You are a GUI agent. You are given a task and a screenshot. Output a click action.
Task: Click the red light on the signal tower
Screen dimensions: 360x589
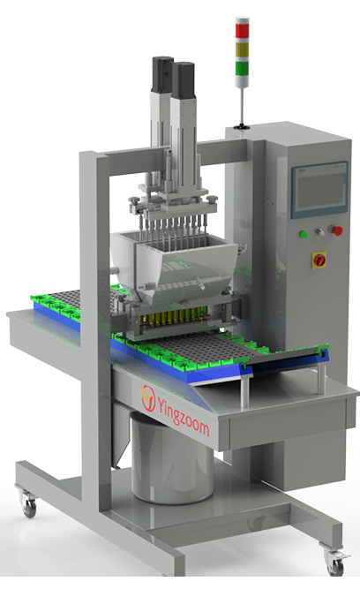click(242, 31)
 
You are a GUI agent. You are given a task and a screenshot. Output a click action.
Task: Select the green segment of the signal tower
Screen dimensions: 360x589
click(242, 68)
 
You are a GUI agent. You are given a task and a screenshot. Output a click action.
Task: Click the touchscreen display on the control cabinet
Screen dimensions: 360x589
click(319, 190)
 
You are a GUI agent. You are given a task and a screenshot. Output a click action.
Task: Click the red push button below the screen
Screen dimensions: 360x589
click(337, 230)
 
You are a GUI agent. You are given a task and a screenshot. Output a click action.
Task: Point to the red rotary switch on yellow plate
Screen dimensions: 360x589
click(319, 260)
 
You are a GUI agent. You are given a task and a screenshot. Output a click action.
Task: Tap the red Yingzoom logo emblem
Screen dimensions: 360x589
click(148, 397)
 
